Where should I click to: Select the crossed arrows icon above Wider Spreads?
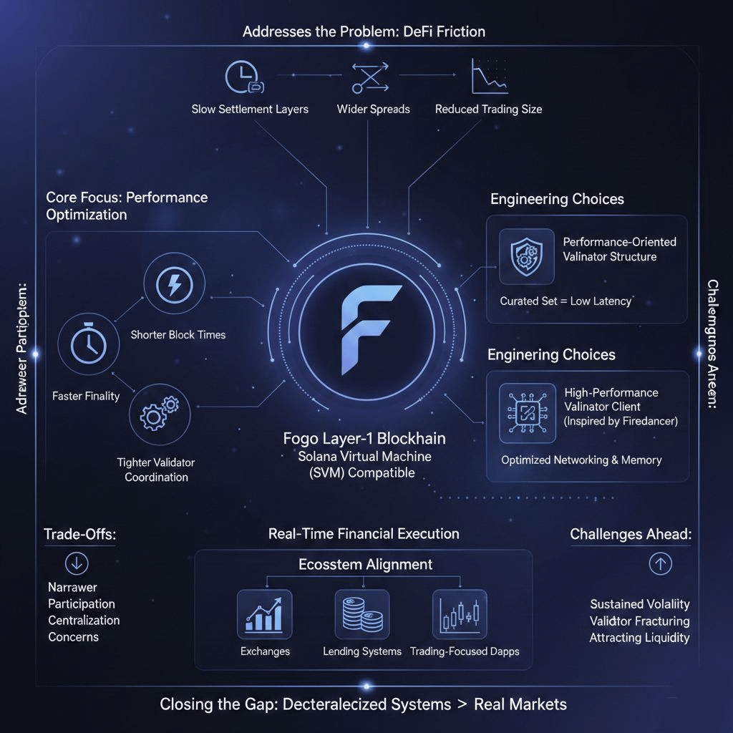click(x=370, y=77)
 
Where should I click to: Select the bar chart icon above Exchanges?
click(x=264, y=614)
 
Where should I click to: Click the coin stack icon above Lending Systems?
click(x=361, y=614)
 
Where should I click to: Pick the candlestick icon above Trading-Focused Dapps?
click(x=460, y=614)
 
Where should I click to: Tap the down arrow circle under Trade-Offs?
click(x=76, y=564)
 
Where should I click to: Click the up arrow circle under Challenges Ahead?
click(x=660, y=564)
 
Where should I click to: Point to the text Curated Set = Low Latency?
click(x=565, y=301)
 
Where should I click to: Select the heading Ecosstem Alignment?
click(x=365, y=565)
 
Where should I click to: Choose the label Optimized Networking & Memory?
click(x=581, y=460)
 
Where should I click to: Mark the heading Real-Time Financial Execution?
click(x=364, y=534)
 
